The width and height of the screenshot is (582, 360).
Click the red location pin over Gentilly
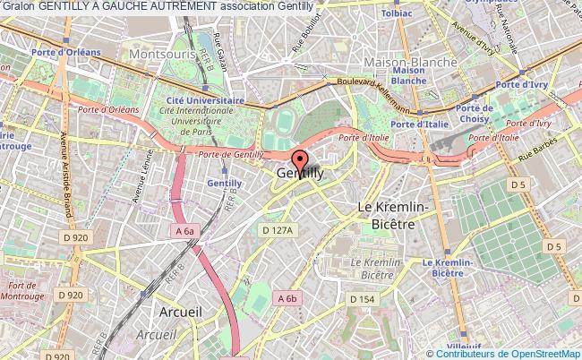[300, 165]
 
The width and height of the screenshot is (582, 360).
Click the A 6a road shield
[184, 230]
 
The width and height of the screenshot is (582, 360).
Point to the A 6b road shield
[287, 298]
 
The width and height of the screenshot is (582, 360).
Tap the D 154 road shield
[361, 298]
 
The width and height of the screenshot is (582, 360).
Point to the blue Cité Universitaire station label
[210, 101]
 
